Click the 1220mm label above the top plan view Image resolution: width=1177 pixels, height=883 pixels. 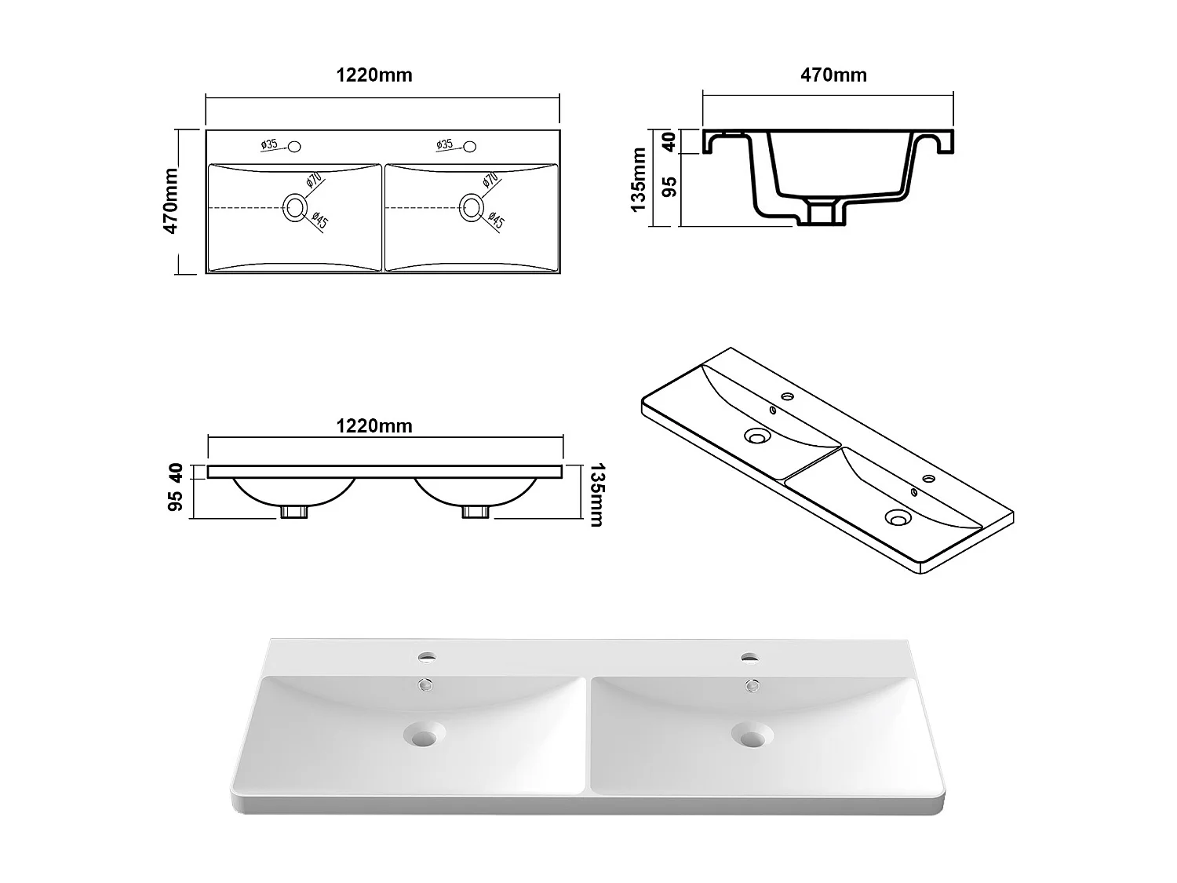374,75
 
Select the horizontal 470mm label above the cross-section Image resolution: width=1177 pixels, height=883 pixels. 833,75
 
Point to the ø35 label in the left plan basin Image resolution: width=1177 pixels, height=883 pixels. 269,144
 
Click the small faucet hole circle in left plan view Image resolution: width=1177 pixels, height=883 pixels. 295,146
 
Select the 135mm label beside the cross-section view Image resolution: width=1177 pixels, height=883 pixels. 639,179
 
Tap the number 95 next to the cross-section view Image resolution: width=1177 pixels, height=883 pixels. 669,186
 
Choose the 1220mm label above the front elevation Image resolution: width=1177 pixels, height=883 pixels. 374,426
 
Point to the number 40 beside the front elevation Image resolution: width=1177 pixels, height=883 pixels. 176,473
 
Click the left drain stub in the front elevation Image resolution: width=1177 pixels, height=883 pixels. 294,512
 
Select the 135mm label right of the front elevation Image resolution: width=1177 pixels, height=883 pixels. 595,495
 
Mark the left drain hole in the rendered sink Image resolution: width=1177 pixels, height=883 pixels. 423,735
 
